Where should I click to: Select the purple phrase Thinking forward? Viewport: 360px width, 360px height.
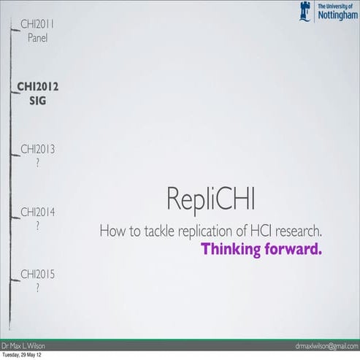pos(261,249)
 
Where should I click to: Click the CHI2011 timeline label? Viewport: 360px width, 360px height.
pos(37,24)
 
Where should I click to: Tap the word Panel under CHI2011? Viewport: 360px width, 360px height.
pos(37,38)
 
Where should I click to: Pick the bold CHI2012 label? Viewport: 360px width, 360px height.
pos(38,87)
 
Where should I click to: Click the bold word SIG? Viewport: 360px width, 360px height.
pos(37,101)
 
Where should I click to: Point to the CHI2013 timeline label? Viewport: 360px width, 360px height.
pos(38,150)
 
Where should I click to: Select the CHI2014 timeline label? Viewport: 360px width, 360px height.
pos(38,212)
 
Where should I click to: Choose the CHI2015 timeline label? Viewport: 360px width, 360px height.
pos(38,275)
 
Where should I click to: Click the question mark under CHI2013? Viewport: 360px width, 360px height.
pos(38,164)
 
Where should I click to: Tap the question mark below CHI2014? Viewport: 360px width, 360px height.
pos(38,226)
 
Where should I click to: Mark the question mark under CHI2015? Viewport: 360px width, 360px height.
pos(38,289)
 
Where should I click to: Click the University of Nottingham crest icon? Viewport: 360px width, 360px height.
pos(306,11)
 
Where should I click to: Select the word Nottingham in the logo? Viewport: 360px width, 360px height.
pos(337,15)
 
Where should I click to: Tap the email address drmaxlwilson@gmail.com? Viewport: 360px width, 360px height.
pos(326,345)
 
